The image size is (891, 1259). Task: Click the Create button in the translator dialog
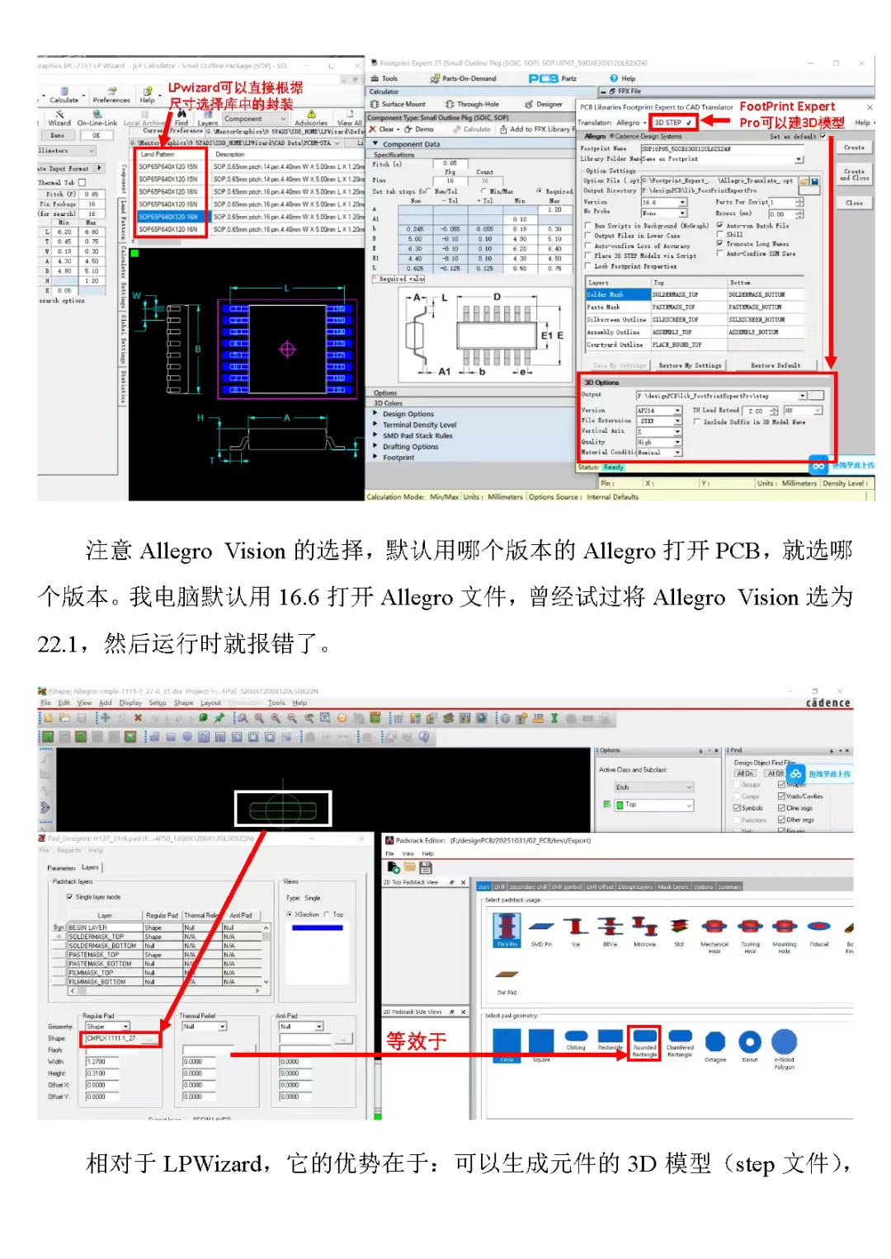pyautogui.click(x=854, y=148)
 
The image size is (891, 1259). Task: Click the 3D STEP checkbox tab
pyautogui.click(x=672, y=122)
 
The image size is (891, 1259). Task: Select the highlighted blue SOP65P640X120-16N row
pyautogui.click(x=169, y=217)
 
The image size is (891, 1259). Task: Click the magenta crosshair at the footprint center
pyautogui.click(x=287, y=350)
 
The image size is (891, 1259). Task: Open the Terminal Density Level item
pyautogui.click(x=419, y=425)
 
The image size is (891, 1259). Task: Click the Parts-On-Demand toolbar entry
pyautogui.click(x=464, y=79)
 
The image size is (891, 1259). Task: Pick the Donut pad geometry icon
pyautogui.click(x=749, y=1041)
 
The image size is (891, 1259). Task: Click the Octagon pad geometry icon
pyautogui.click(x=715, y=1041)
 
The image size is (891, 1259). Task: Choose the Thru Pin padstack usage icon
pyautogui.click(x=507, y=927)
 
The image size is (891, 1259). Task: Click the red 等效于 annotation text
pyautogui.click(x=416, y=1041)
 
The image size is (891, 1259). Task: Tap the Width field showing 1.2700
pyautogui.click(x=107, y=1062)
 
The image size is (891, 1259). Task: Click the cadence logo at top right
pyautogui.click(x=827, y=702)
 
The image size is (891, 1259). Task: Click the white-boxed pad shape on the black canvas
pyautogui.click(x=283, y=809)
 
